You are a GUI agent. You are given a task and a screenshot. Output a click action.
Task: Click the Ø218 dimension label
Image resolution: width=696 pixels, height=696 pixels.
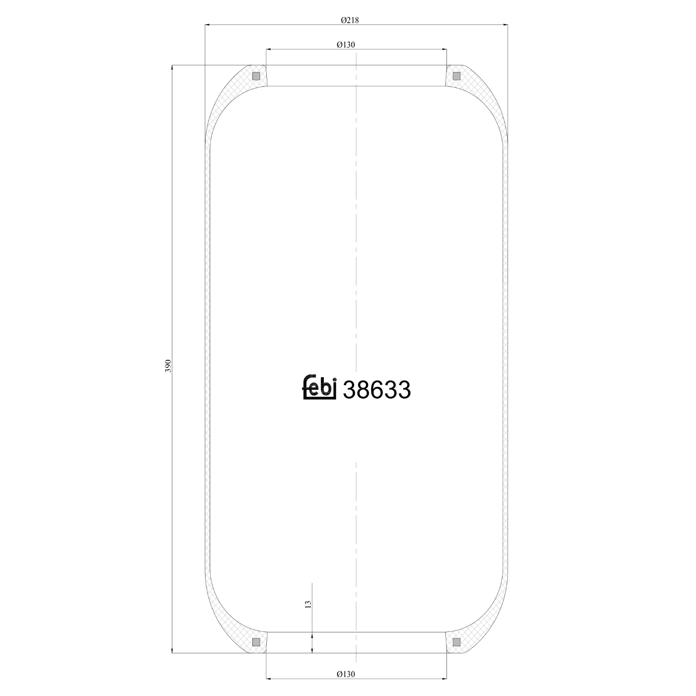(x=350, y=20)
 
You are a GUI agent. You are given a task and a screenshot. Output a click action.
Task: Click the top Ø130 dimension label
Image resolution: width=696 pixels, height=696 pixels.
(x=346, y=45)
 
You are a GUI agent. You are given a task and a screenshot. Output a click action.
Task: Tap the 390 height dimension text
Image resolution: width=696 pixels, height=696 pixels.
(x=168, y=366)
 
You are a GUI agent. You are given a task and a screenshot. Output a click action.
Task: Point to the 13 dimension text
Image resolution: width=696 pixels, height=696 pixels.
(x=308, y=604)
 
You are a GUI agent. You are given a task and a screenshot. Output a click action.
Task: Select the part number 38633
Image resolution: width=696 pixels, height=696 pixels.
(x=376, y=390)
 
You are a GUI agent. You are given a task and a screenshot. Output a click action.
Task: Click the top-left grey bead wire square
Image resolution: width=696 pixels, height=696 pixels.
(x=256, y=76)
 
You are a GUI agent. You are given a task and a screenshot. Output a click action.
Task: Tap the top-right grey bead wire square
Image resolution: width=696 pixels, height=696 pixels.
(x=457, y=76)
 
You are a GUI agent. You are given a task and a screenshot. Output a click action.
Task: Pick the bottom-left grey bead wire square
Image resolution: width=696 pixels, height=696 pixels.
(x=256, y=642)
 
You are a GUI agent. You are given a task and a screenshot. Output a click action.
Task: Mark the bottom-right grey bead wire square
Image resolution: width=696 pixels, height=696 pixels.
(x=457, y=642)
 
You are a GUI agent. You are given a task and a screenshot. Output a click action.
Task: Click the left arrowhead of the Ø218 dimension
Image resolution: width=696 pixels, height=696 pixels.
(x=208, y=25)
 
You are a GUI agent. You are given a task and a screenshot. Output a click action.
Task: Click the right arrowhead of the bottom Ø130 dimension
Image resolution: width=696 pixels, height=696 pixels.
(x=444, y=678)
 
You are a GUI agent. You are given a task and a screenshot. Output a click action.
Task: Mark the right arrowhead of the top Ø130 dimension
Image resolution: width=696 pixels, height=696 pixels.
(x=444, y=49)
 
